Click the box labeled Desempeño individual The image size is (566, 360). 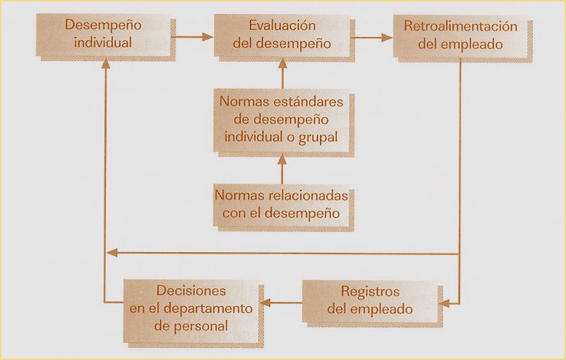[x=103, y=36]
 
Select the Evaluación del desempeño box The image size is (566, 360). [x=282, y=36]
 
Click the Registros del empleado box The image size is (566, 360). [x=371, y=300]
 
